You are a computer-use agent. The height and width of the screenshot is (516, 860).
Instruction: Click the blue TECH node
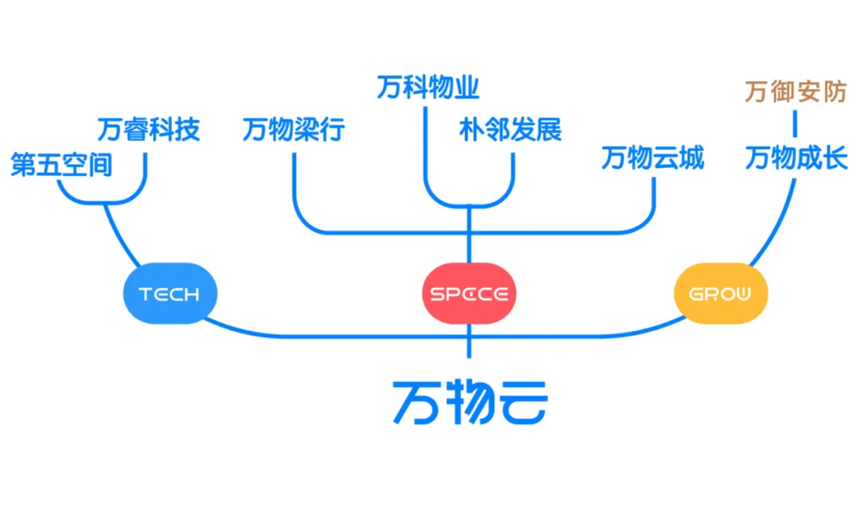point(170,294)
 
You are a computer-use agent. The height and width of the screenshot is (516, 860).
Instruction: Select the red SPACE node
point(469,294)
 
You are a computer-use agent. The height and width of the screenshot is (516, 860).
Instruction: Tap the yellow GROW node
point(721,294)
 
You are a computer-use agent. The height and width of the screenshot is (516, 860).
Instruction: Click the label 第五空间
point(61,165)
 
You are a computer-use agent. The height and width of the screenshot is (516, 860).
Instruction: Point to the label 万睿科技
point(148,129)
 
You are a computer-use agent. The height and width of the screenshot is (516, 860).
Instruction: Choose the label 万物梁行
point(293,129)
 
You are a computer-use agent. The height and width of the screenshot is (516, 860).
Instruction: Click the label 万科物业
point(428,88)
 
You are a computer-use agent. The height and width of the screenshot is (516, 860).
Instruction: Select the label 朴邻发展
point(510,129)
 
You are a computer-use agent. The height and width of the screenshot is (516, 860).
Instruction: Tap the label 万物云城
point(652,158)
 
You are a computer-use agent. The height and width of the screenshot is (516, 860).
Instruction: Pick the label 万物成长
point(796,158)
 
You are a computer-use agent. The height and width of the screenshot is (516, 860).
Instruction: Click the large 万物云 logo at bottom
point(469,402)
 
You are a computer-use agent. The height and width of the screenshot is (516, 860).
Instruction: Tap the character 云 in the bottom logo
point(522,402)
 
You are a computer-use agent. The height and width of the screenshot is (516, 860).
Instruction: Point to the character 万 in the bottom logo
point(416,402)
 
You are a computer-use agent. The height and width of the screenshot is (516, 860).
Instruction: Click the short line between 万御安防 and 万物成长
point(795,125)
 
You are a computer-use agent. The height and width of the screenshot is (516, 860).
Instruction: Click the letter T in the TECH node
point(145,295)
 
